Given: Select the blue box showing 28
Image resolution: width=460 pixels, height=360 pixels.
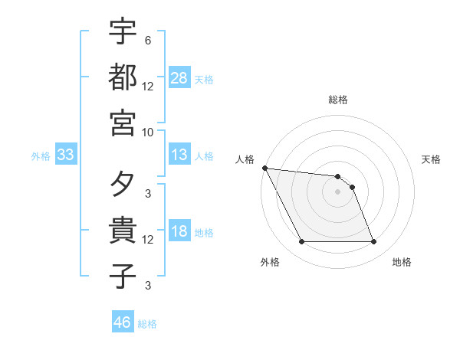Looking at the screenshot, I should tap(179, 78).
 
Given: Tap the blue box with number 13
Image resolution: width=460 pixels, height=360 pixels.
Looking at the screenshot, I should tap(179, 155).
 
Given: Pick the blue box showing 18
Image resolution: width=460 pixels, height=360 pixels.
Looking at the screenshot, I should tap(179, 232).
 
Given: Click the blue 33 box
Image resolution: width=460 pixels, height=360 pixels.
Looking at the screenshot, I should tap(65, 155).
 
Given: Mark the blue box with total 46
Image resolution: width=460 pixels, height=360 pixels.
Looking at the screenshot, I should tap(122, 322).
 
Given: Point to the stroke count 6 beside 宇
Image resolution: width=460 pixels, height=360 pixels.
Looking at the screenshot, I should tap(147, 40).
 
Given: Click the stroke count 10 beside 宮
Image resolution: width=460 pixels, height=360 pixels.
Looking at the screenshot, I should tap(148, 131).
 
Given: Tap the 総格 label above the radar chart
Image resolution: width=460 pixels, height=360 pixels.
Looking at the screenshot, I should tap(338, 100).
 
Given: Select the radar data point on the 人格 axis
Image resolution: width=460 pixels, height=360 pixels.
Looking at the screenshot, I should tap(264, 168).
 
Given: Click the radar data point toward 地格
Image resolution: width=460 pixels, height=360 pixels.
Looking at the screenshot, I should tap(373, 242).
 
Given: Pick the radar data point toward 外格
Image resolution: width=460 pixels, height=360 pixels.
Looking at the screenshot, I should tap(301, 242).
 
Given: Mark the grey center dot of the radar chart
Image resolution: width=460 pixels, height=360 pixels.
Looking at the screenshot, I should tap(337, 191).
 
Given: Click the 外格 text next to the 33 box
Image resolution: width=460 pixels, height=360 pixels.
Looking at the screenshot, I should tap(41, 156).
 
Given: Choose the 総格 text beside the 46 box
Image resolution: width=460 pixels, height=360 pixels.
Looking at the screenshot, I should tap(147, 324).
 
